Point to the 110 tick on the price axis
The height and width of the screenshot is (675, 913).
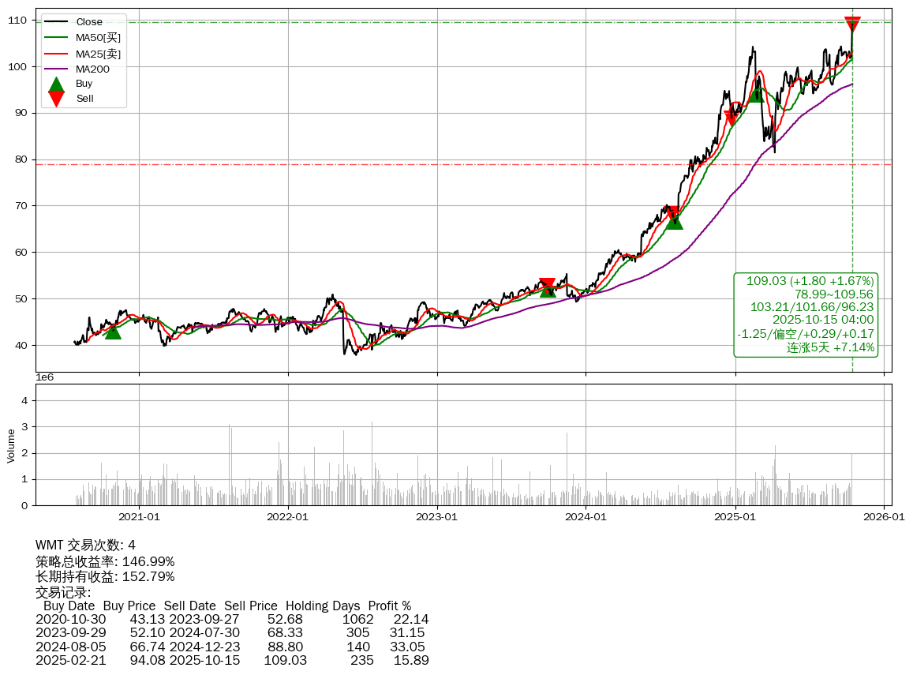(18, 20)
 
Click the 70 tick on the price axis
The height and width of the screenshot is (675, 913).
(21, 206)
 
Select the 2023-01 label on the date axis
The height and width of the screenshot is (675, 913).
(437, 517)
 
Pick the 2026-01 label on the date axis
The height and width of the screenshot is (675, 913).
(884, 517)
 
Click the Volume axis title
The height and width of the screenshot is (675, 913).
(11, 445)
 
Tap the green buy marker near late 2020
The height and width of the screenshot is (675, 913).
(113, 331)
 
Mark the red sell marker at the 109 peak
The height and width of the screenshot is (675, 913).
(852, 24)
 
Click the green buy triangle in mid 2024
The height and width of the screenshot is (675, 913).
(674, 221)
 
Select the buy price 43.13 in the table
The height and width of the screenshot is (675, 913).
(148, 620)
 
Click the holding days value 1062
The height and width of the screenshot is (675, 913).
(357, 620)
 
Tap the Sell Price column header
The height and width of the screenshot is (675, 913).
(251, 606)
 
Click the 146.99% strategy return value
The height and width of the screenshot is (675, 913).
(148, 561)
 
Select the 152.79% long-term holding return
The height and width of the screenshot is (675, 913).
(148, 576)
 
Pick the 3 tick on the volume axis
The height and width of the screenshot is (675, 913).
(24, 427)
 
